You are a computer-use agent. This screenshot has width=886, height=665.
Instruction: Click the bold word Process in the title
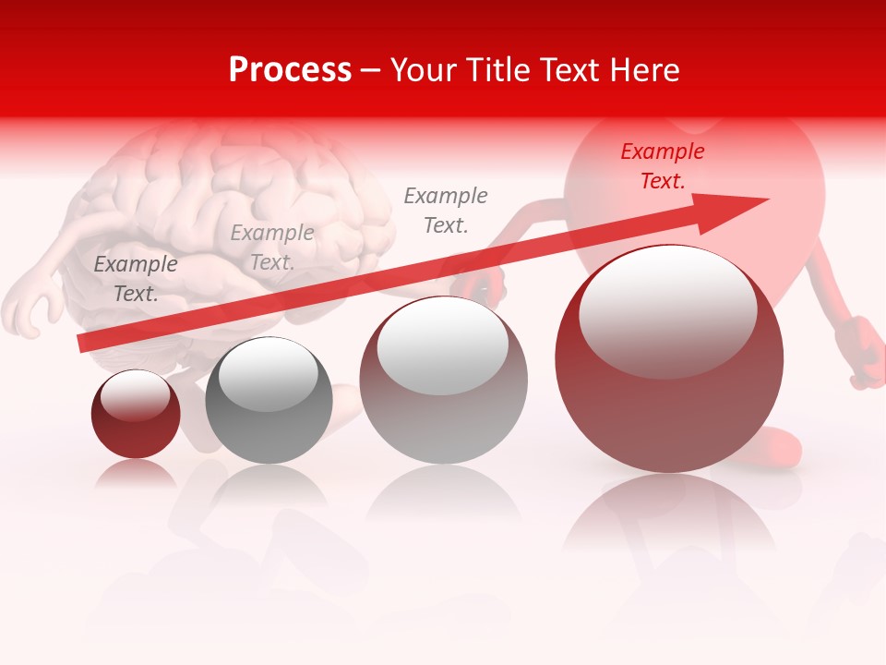[x=290, y=70]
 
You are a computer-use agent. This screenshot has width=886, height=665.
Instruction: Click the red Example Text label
[x=662, y=166]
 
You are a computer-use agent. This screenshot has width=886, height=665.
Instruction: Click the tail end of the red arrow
[x=85, y=343]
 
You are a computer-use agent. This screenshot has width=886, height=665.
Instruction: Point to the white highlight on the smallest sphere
[x=136, y=395]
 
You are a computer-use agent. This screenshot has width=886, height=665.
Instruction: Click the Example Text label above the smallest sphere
[x=136, y=279]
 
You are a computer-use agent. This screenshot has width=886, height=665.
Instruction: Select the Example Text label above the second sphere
[x=271, y=248]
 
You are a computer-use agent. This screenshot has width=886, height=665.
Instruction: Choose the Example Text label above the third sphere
[x=446, y=211]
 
